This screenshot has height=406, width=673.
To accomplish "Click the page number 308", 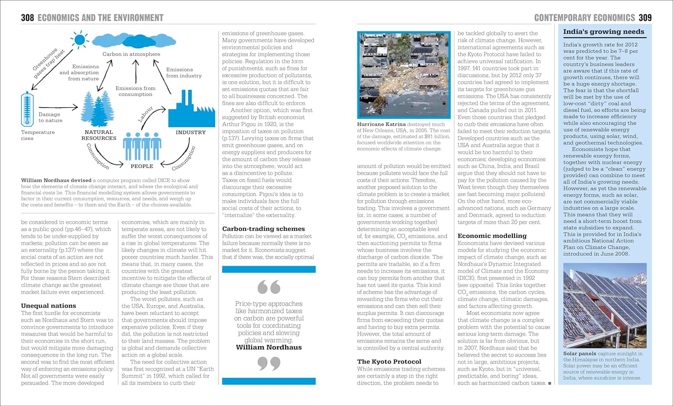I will (x=27, y=18).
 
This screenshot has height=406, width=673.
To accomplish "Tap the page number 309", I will (x=645, y=18).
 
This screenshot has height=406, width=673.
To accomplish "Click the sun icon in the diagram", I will (x=80, y=40).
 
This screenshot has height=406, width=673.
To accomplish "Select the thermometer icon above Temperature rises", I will (x=27, y=109).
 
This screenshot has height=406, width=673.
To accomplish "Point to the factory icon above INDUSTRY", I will (x=185, y=109).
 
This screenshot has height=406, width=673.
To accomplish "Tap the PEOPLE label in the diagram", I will (x=142, y=166).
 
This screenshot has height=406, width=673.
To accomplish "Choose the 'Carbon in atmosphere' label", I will (x=131, y=54).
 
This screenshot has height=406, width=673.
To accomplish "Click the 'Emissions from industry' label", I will (x=184, y=73).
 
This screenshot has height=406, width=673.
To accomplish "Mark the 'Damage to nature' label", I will (x=50, y=118).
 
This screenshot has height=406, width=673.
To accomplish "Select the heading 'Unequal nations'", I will (x=48, y=306).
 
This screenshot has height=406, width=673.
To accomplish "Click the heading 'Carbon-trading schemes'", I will (x=263, y=229).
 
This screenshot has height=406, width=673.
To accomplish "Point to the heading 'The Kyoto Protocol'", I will (x=389, y=362).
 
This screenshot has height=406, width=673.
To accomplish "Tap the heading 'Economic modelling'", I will (x=492, y=236).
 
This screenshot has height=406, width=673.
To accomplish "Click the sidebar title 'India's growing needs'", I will (x=603, y=32).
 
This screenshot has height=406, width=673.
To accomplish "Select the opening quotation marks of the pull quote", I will (x=269, y=287).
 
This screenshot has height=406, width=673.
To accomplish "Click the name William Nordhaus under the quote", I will (x=269, y=347).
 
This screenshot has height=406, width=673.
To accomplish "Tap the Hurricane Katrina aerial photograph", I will (x=404, y=75).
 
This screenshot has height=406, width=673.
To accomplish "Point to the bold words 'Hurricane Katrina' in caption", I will (x=381, y=124).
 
